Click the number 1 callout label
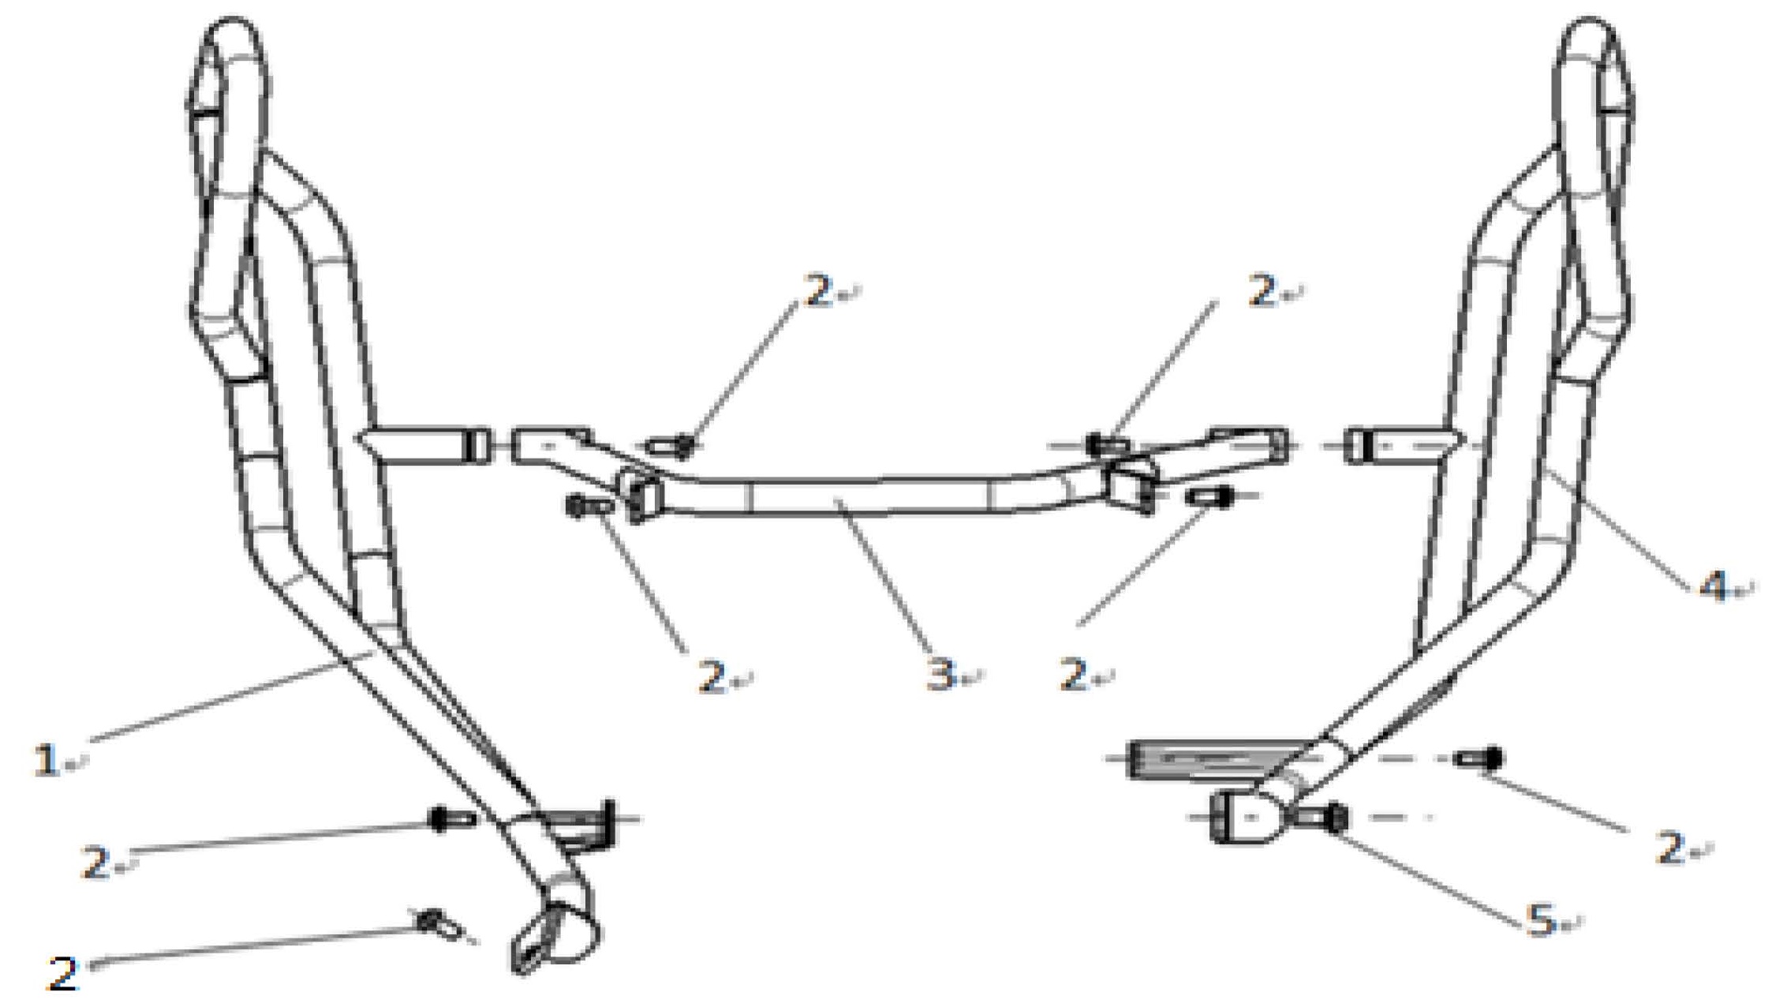pyautogui.click(x=47, y=759)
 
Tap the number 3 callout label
pyautogui.click(x=940, y=675)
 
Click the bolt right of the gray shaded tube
pyautogui.click(x=1480, y=758)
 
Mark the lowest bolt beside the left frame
pyautogui.click(x=439, y=923)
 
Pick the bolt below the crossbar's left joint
pyautogui.click(x=588, y=506)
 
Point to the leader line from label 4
pyautogui.click(x=1617, y=529)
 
